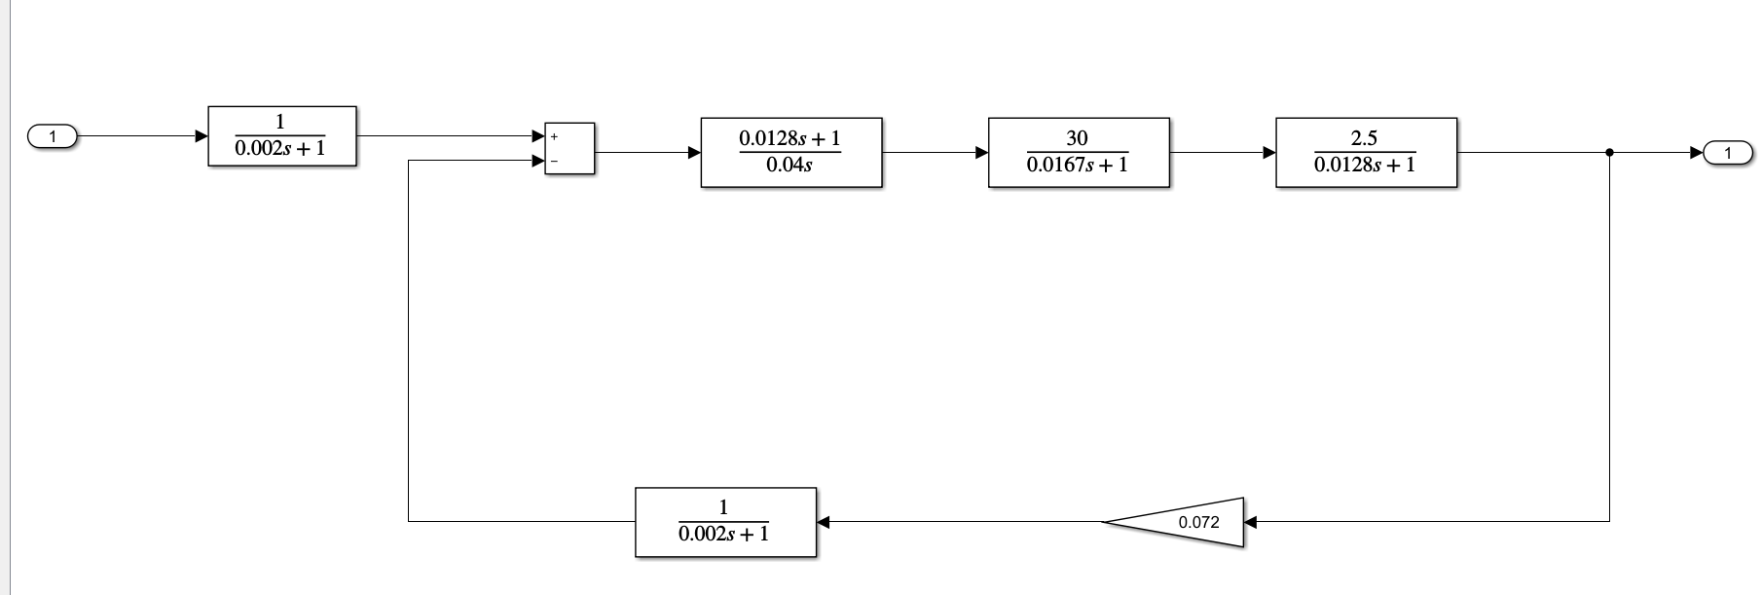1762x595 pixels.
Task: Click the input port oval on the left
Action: pyautogui.click(x=53, y=136)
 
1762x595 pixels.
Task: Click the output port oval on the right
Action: pyautogui.click(x=1728, y=152)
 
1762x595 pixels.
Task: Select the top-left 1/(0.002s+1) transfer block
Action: pyautogui.click(x=282, y=136)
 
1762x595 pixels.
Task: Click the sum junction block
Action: pyautogui.click(x=569, y=148)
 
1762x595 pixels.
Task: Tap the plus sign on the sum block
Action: pyautogui.click(x=554, y=136)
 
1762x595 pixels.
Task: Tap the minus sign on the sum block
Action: pyautogui.click(x=554, y=161)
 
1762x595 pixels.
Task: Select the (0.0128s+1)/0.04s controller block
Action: pyautogui.click(x=790, y=152)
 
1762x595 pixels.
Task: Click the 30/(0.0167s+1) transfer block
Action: pyautogui.click(x=1078, y=152)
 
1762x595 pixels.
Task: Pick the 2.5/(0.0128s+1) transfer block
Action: pyautogui.click(x=1366, y=152)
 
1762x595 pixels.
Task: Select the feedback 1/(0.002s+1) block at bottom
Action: pyautogui.click(x=725, y=522)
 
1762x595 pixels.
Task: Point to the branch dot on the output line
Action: pyautogui.click(x=1609, y=152)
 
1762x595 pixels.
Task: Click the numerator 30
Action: pyautogui.click(x=1077, y=138)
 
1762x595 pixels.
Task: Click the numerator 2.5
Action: pyautogui.click(x=1364, y=138)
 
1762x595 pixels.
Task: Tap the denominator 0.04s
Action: pyautogui.click(x=789, y=166)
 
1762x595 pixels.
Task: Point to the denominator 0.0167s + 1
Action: pyautogui.click(x=1077, y=166)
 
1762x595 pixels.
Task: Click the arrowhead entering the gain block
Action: pyautogui.click(x=1251, y=522)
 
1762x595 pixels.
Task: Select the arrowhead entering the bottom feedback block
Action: pyautogui.click(x=823, y=522)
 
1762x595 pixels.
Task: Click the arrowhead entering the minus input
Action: pyautogui.click(x=537, y=161)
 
